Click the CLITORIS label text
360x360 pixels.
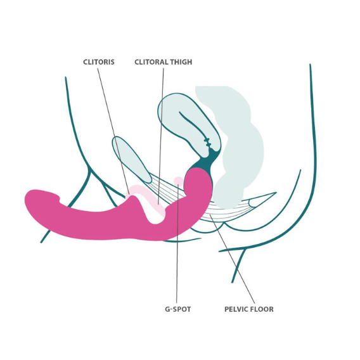pos(99,62)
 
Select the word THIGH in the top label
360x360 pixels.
pos(181,62)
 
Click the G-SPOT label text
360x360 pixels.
pos(178,309)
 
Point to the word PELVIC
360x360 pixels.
pos(236,309)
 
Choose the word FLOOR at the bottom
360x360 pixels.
pos(262,309)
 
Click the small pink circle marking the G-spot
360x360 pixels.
pos(178,181)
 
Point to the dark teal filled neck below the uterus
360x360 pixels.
pos(204,162)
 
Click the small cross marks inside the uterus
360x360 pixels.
pos(207,143)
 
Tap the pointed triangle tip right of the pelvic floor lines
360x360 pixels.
pos(274,193)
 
